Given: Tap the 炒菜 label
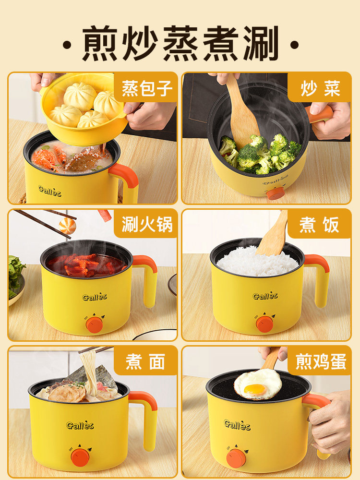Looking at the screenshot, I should click(320, 89).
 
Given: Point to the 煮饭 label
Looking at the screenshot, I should click(320, 225).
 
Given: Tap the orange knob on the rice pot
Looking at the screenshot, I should click(264, 324).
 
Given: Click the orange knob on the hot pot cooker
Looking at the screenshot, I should click(95, 324).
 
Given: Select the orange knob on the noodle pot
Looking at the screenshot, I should click(80, 457).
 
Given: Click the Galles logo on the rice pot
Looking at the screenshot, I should click(265, 296).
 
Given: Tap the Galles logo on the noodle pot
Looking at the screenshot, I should click(80, 425).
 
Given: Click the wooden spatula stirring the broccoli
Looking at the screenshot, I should click(242, 115).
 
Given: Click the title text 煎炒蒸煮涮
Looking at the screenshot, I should click(180, 44).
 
